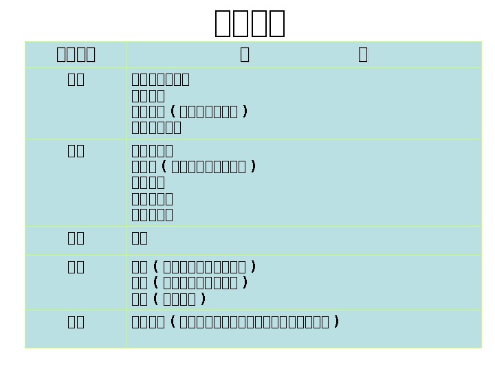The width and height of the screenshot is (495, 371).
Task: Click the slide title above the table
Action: [x=250, y=23]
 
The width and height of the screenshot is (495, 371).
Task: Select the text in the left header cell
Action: [x=76, y=54]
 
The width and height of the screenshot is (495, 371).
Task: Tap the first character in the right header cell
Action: [x=245, y=54]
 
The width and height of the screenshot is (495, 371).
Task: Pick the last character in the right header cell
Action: [x=363, y=54]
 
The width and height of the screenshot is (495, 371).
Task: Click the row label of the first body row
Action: [x=76, y=79]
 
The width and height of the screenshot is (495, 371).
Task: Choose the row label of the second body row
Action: [x=76, y=150]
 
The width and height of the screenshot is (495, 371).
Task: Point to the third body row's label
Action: [x=76, y=238]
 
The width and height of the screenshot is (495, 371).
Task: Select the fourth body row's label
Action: [x=76, y=267]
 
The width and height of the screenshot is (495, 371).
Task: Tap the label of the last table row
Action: [x=76, y=322]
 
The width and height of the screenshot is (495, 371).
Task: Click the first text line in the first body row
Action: [x=160, y=79]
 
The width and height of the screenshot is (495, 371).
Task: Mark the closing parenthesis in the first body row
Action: [x=245, y=111]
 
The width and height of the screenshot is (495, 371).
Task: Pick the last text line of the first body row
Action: [x=156, y=127]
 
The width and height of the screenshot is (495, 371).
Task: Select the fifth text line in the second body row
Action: [x=152, y=214]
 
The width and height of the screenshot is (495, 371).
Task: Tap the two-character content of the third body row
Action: [x=140, y=238]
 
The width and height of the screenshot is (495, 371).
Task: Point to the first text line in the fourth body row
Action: [x=193, y=267]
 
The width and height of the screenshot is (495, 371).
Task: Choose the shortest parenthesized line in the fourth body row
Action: [x=168, y=299]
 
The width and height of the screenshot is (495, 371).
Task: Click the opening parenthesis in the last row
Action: [x=172, y=322]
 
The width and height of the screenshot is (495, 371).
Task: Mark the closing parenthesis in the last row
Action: [x=335, y=322]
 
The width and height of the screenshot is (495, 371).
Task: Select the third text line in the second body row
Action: [x=148, y=182]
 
